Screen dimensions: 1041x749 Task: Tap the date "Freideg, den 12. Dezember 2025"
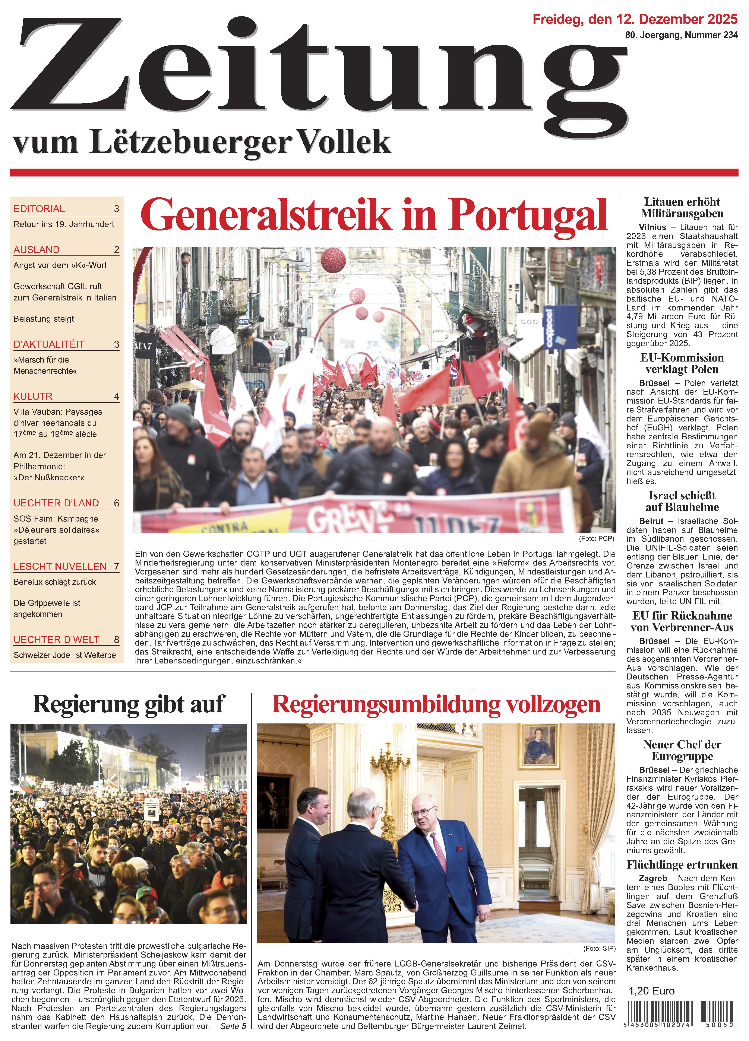(x=635, y=19)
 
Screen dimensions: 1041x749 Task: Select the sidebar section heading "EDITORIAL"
(x=39, y=209)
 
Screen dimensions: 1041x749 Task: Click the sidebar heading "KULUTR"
(x=33, y=396)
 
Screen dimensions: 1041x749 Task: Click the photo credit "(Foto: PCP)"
(x=596, y=538)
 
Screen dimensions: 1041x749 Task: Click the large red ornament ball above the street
(x=333, y=260)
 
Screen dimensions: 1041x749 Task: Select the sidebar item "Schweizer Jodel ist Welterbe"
(x=64, y=655)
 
